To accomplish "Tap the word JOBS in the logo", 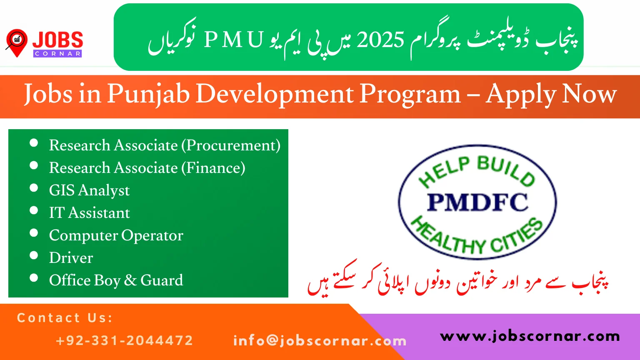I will pos(57,40).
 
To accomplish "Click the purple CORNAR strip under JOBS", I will pos(57,54).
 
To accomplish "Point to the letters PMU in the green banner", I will pos(234,40).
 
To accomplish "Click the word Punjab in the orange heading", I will pos(149,94).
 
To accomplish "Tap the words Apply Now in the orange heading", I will pos(551,94).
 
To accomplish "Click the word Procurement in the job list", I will pos(231,145).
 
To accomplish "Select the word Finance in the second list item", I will pos(213,168).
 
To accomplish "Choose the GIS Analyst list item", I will pos(89,190).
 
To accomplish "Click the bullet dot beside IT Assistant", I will pos(34,210).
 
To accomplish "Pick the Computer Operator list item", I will pos(116,235).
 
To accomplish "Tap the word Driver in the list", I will pos(71,258).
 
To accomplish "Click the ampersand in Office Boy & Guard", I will pos(130,280).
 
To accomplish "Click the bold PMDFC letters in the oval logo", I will pos(477,202).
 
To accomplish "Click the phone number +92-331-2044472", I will pos(124,340).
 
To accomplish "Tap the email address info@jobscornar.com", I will pos(320,340).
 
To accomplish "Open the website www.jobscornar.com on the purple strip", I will pos(530,336).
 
